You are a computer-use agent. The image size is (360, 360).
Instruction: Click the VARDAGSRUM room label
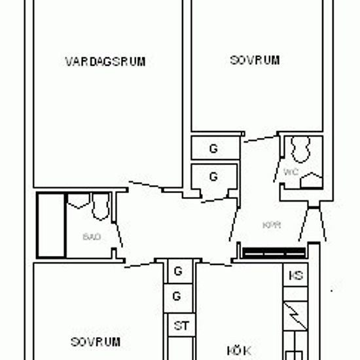tap(105, 62)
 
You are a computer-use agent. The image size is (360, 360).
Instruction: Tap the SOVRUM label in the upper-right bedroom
tap(255, 60)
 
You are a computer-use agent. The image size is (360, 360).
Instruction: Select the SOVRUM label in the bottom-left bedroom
tap(96, 342)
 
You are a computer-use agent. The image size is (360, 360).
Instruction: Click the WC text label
tap(291, 173)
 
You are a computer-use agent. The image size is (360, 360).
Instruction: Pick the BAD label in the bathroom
tap(92, 236)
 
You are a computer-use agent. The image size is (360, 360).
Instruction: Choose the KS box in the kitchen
tap(297, 276)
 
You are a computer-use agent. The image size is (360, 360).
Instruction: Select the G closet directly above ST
tap(176, 296)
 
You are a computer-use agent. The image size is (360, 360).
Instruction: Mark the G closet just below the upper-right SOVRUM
tap(213, 149)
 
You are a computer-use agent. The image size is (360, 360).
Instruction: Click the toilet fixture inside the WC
tap(301, 150)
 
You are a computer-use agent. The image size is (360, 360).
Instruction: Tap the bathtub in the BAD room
tap(51, 225)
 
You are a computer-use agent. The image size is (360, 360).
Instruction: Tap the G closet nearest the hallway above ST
tap(176, 270)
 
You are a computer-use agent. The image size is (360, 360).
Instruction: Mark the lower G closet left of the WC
tap(213, 177)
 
